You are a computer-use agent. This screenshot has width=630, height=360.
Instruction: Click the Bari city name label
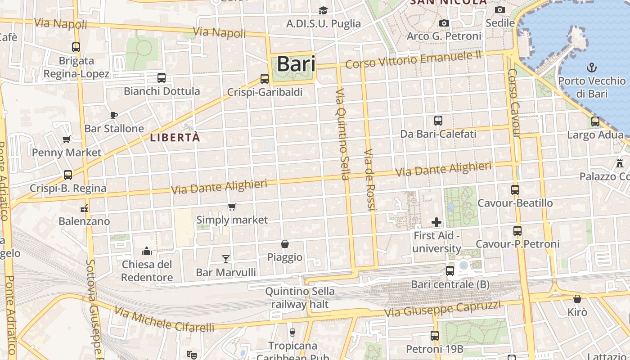(x=296, y=64)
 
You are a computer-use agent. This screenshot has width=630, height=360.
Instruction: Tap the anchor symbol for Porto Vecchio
(x=592, y=68)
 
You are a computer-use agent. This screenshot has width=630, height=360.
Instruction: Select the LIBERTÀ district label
(x=175, y=138)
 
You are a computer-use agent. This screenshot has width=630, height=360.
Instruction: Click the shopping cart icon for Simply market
(x=232, y=207)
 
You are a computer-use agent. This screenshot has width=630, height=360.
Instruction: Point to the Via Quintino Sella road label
(x=342, y=134)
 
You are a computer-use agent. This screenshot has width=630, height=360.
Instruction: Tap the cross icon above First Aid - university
(x=436, y=222)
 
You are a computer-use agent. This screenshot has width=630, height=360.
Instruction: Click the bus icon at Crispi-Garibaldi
(x=265, y=79)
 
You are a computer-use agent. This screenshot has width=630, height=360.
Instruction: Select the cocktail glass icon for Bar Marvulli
(x=226, y=259)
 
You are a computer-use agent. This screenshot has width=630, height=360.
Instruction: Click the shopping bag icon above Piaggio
(x=285, y=244)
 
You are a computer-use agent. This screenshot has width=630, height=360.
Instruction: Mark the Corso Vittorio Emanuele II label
(x=413, y=60)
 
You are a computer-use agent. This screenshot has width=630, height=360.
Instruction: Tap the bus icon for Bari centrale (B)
(x=450, y=271)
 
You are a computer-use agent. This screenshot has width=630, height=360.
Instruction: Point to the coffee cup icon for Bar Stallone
(x=114, y=115)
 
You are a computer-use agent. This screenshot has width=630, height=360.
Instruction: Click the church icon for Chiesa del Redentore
(x=147, y=251)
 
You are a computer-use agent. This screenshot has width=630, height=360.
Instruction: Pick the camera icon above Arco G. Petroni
(x=444, y=23)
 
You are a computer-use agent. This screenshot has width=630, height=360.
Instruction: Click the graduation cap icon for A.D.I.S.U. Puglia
(x=323, y=10)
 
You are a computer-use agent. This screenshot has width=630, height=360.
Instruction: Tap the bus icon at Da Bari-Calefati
(x=438, y=121)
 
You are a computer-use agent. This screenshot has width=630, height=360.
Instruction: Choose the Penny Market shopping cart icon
(x=67, y=139)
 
